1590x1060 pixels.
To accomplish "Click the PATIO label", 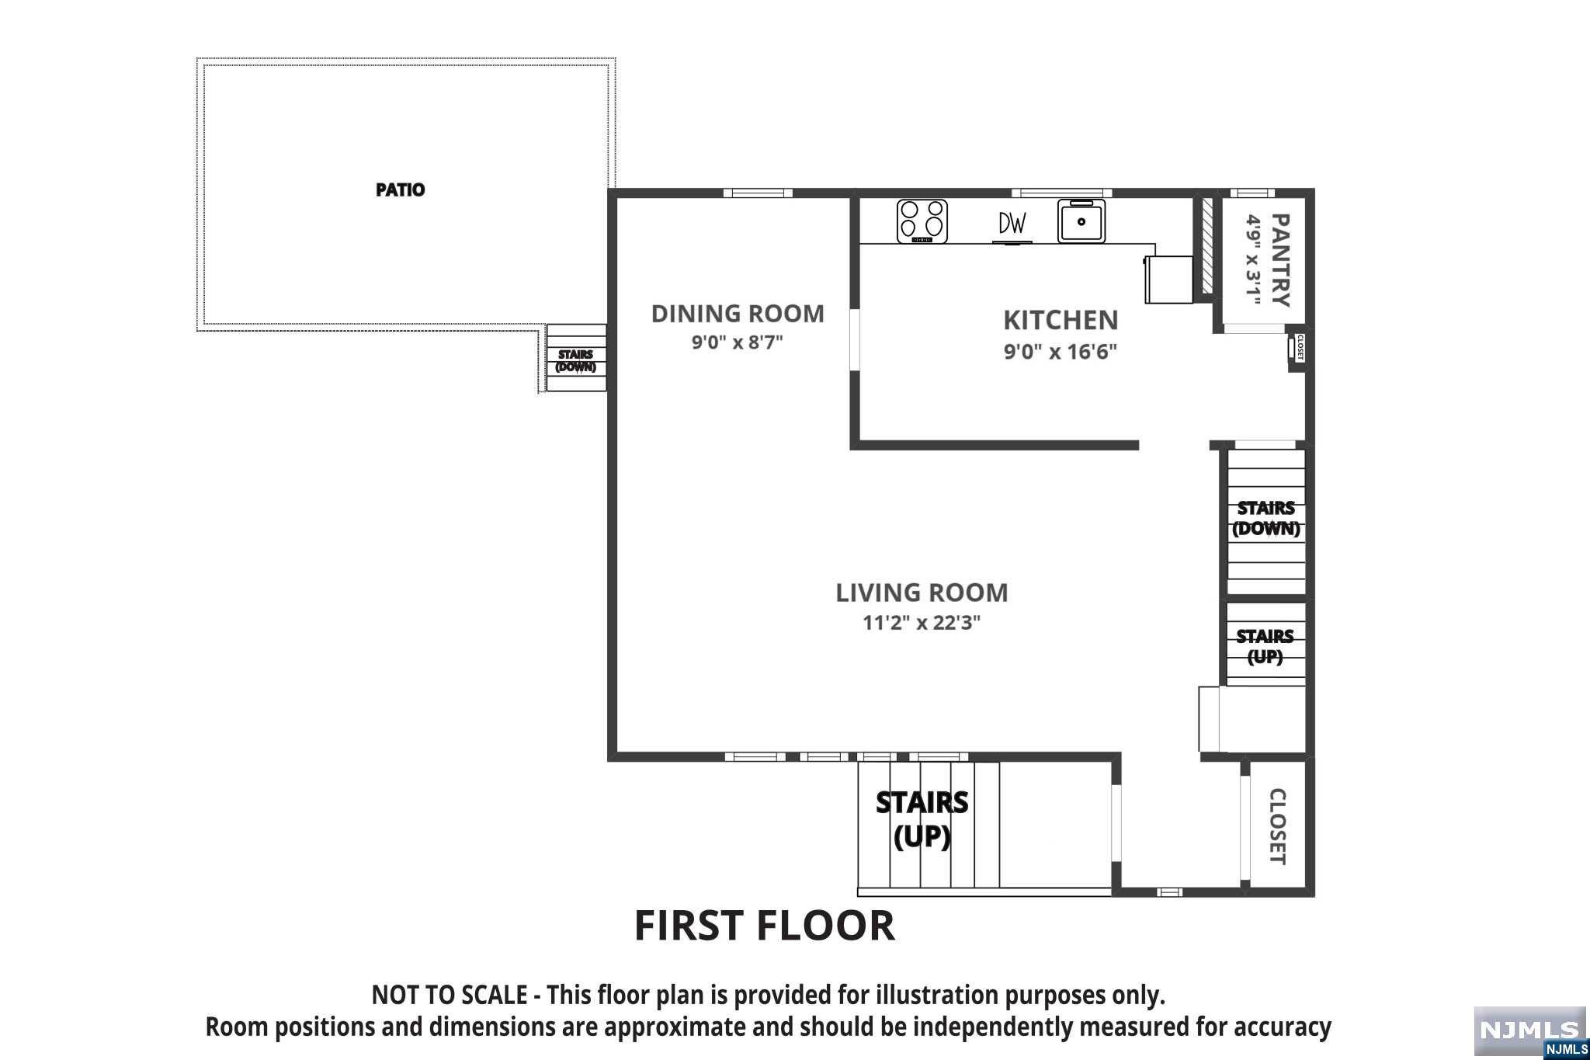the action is (x=400, y=189).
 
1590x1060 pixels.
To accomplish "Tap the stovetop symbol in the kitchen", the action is (x=922, y=221).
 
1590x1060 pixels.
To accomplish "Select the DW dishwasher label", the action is (x=1012, y=224).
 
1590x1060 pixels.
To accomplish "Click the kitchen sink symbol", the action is (x=1081, y=221).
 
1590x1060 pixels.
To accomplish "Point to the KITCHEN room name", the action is (x=1061, y=320).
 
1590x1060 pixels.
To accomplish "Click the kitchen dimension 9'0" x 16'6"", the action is (x=1061, y=352).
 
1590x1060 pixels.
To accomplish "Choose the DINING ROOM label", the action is (x=738, y=314).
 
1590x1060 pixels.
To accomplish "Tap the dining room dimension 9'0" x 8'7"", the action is (x=738, y=342).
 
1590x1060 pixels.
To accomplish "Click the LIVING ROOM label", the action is (x=922, y=593).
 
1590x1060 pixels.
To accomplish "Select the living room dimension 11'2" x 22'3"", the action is (x=922, y=623).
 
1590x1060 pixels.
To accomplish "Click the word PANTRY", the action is (x=1281, y=260).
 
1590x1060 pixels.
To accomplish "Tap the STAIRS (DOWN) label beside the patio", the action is (x=575, y=361).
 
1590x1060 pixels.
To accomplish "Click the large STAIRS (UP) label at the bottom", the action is (x=922, y=819).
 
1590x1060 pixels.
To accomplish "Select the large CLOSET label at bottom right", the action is (x=1277, y=826).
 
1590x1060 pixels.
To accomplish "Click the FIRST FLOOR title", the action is (x=765, y=925).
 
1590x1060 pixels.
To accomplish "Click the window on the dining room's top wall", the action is (x=758, y=193).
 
